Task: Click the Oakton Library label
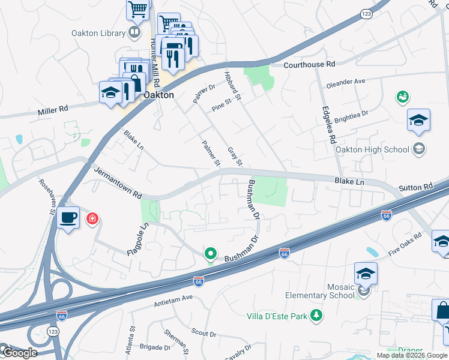tap(97, 33)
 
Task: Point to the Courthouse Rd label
tap(309, 65)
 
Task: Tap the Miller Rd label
tap(53, 110)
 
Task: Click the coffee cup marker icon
tap(68, 217)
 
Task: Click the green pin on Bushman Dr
tap(210, 254)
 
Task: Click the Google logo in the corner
tap(19, 352)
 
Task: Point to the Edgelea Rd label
tap(328, 125)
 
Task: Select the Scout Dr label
tap(204, 334)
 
